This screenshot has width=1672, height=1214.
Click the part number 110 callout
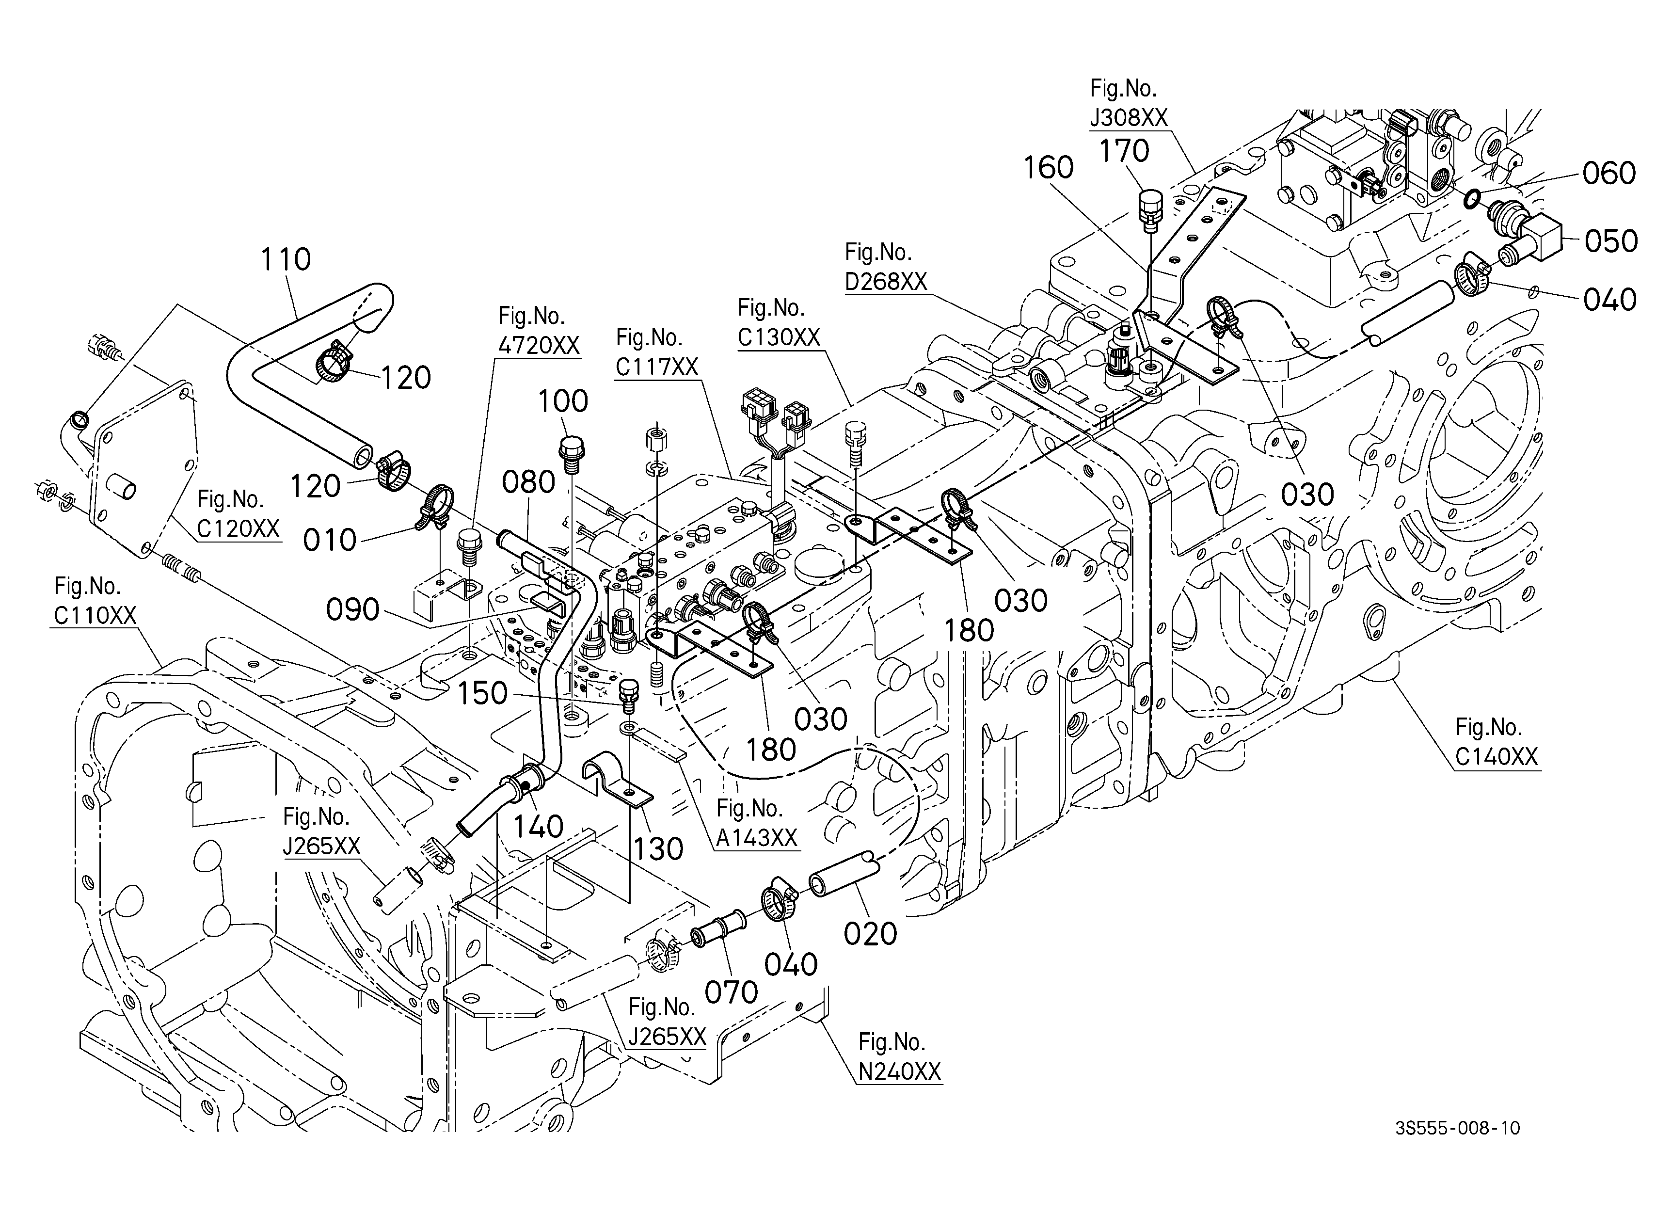286,259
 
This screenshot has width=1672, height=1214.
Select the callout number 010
330,541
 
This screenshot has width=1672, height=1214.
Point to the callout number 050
1611,241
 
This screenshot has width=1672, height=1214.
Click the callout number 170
1124,151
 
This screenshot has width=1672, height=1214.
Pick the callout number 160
1048,168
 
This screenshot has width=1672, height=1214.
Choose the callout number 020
871,934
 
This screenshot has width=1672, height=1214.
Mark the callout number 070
732,993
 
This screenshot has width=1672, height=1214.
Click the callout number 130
658,849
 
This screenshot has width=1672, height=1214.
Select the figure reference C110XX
95,615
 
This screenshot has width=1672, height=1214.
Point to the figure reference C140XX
1497,757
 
